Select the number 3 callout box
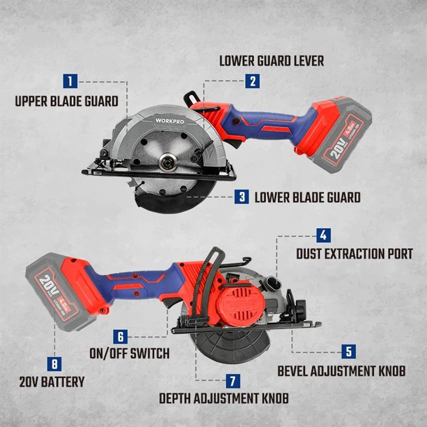[242, 197]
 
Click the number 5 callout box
[349, 352]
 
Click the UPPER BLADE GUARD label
[66, 101]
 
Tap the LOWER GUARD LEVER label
[271, 61]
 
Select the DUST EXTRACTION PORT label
[354, 254]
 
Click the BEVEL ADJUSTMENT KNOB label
[341, 371]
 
